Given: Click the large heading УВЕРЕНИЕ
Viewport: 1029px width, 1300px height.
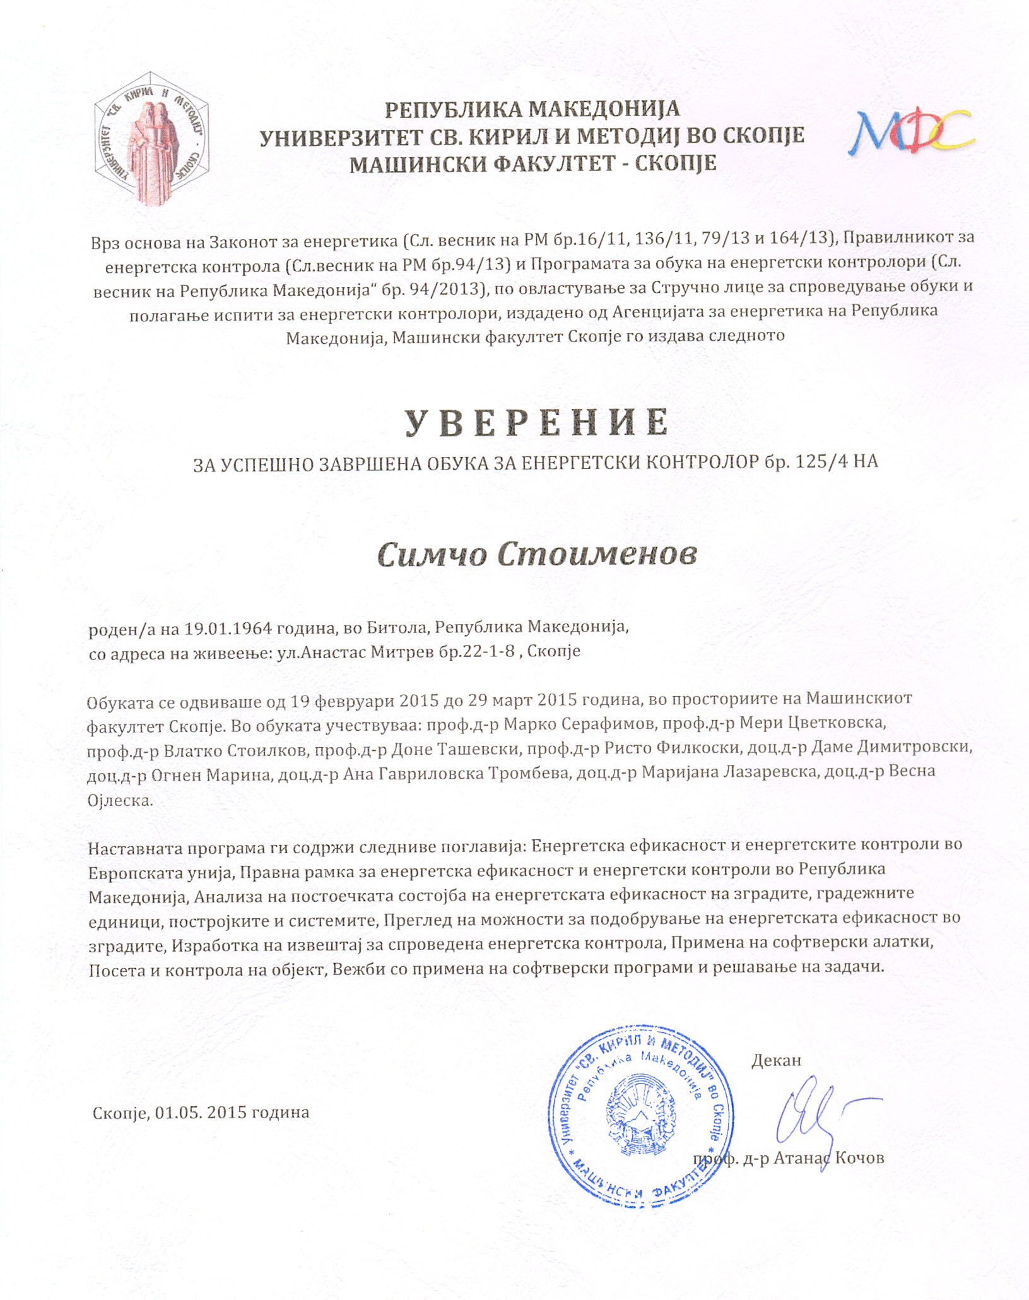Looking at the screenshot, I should point(536,422).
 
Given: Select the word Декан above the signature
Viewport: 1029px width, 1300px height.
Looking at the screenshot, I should point(776,1060).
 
